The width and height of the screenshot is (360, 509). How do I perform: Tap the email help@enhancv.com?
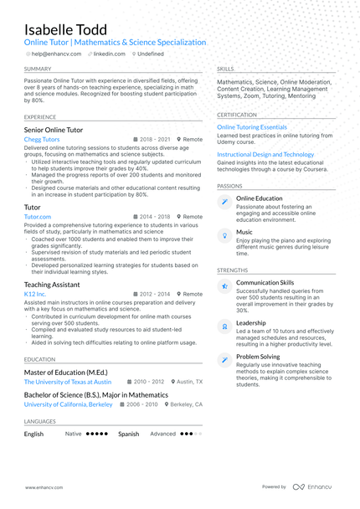[x=56, y=54]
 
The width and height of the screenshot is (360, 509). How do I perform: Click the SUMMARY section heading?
[x=38, y=69]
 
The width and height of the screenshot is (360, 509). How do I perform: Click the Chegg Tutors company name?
[x=43, y=140]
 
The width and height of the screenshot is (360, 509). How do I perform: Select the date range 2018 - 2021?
[x=155, y=140]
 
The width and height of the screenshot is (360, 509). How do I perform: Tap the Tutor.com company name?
[x=38, y=217]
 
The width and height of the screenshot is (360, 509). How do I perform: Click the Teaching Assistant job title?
[x=52, y=285]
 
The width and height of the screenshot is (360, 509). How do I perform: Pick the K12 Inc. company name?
[x=36, y=295]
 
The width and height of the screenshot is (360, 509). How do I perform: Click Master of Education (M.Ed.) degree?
[x=65, y=372]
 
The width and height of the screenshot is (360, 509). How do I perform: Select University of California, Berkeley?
[x=68, y=404]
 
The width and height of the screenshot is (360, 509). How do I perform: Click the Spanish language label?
[x=128, y=434]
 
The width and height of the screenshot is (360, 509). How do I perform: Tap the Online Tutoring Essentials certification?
[x=252, y=127]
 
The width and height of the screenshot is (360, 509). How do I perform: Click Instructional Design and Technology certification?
[x=265, y=155]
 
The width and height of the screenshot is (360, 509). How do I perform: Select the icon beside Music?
[x=224, y=236]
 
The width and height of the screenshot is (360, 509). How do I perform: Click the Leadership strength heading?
[x=251, y=322]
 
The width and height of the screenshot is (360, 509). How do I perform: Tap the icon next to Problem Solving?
[x=224, y=360]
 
